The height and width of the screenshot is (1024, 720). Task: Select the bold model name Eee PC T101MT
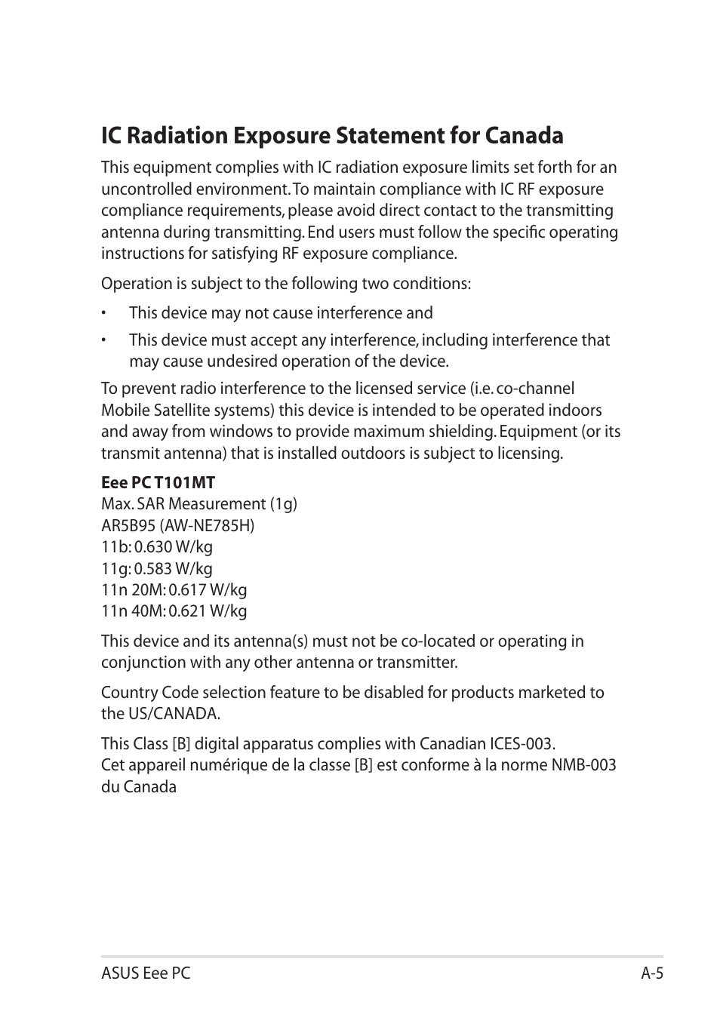(158, 482)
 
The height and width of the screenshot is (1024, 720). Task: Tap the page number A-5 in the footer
(652, 973)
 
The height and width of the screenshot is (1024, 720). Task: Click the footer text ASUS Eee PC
(146, 973)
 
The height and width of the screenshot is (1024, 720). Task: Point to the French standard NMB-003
(583, 765)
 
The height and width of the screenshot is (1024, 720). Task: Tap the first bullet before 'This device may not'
(106, 314)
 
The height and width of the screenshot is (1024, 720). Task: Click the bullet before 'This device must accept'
(106, 341)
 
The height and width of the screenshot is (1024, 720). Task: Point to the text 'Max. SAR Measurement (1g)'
(199, 504)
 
